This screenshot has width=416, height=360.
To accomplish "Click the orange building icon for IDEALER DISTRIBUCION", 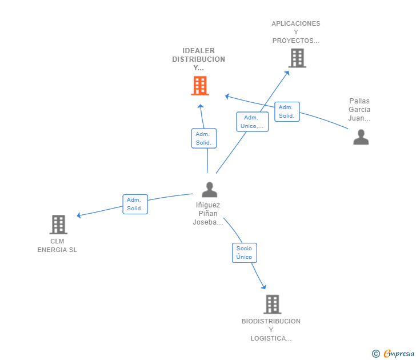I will tap(199, 86).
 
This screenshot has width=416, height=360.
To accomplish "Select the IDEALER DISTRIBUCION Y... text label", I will tap(199, 59).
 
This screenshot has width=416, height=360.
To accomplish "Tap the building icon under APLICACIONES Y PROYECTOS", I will tap(297, 58).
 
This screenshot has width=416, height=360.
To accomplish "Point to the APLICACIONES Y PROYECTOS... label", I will tap(296, 32).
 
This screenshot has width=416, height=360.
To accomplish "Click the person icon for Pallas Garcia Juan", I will tap(361, 137).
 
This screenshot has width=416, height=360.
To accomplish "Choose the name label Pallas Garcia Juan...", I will tap(359, 110).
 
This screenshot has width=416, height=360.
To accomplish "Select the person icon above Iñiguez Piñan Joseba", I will tap(210, 189).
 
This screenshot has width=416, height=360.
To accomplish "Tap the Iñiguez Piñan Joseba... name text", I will tap(208, 214).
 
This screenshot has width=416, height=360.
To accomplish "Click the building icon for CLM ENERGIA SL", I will tap(58, 225).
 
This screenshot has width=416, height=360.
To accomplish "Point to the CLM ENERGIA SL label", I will tap(57, 245).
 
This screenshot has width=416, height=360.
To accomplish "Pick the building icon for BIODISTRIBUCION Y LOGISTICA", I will tap(272, 304).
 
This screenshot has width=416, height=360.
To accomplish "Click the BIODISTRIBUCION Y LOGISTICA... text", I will tap(271, 330).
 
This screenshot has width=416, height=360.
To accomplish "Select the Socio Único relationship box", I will tap(244, 253).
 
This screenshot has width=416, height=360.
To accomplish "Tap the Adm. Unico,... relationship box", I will tap(252, 122).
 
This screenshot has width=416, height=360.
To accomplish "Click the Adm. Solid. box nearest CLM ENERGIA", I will tap(135, 204).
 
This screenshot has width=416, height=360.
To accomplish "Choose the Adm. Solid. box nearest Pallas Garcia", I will tap(286, 111).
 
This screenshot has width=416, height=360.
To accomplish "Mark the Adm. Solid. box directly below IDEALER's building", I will tap(203, 138).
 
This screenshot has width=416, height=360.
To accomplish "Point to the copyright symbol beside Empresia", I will tap(376, 354).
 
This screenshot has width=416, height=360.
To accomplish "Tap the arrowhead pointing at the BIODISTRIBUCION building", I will tap(264, 286).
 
